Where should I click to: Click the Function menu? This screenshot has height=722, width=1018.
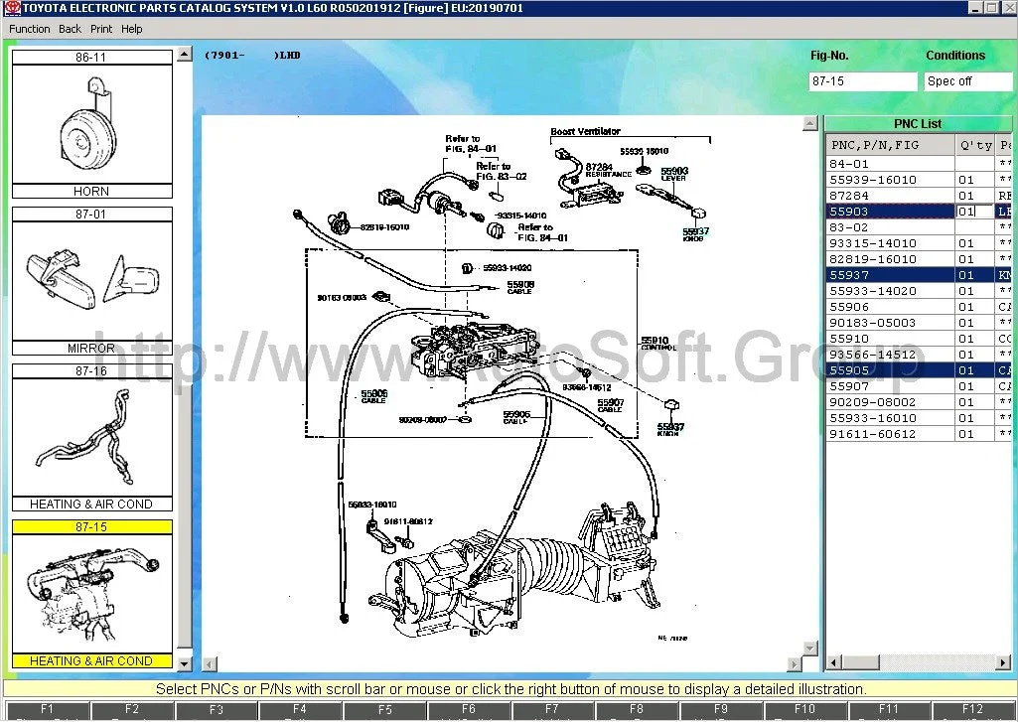pos(29,29)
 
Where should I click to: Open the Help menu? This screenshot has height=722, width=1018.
pos(132,29)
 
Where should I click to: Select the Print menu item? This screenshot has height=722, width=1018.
pos(101,29)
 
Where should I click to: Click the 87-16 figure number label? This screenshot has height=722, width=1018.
pos(91,370)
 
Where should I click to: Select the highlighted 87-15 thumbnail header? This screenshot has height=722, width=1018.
pos(91,527)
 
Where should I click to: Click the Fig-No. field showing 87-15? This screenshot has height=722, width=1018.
pos(862,81)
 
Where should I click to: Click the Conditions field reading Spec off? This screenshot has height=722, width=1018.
pos(967,81)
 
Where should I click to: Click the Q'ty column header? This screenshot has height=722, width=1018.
pos(974,145)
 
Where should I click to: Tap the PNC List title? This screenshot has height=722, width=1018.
pos(917,124)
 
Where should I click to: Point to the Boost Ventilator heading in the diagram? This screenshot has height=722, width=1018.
pos(585,132)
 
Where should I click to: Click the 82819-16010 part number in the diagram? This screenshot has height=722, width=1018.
pos(384,227)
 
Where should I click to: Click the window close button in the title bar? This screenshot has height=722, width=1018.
pos(1008,7)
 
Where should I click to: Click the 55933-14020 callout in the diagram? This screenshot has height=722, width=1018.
pos(508,268)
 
